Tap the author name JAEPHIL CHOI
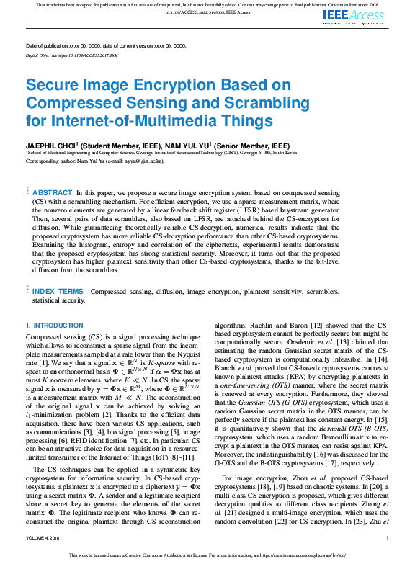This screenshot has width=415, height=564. click(x=53, y=146)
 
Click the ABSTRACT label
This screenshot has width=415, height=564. click(x=53, y=193)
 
